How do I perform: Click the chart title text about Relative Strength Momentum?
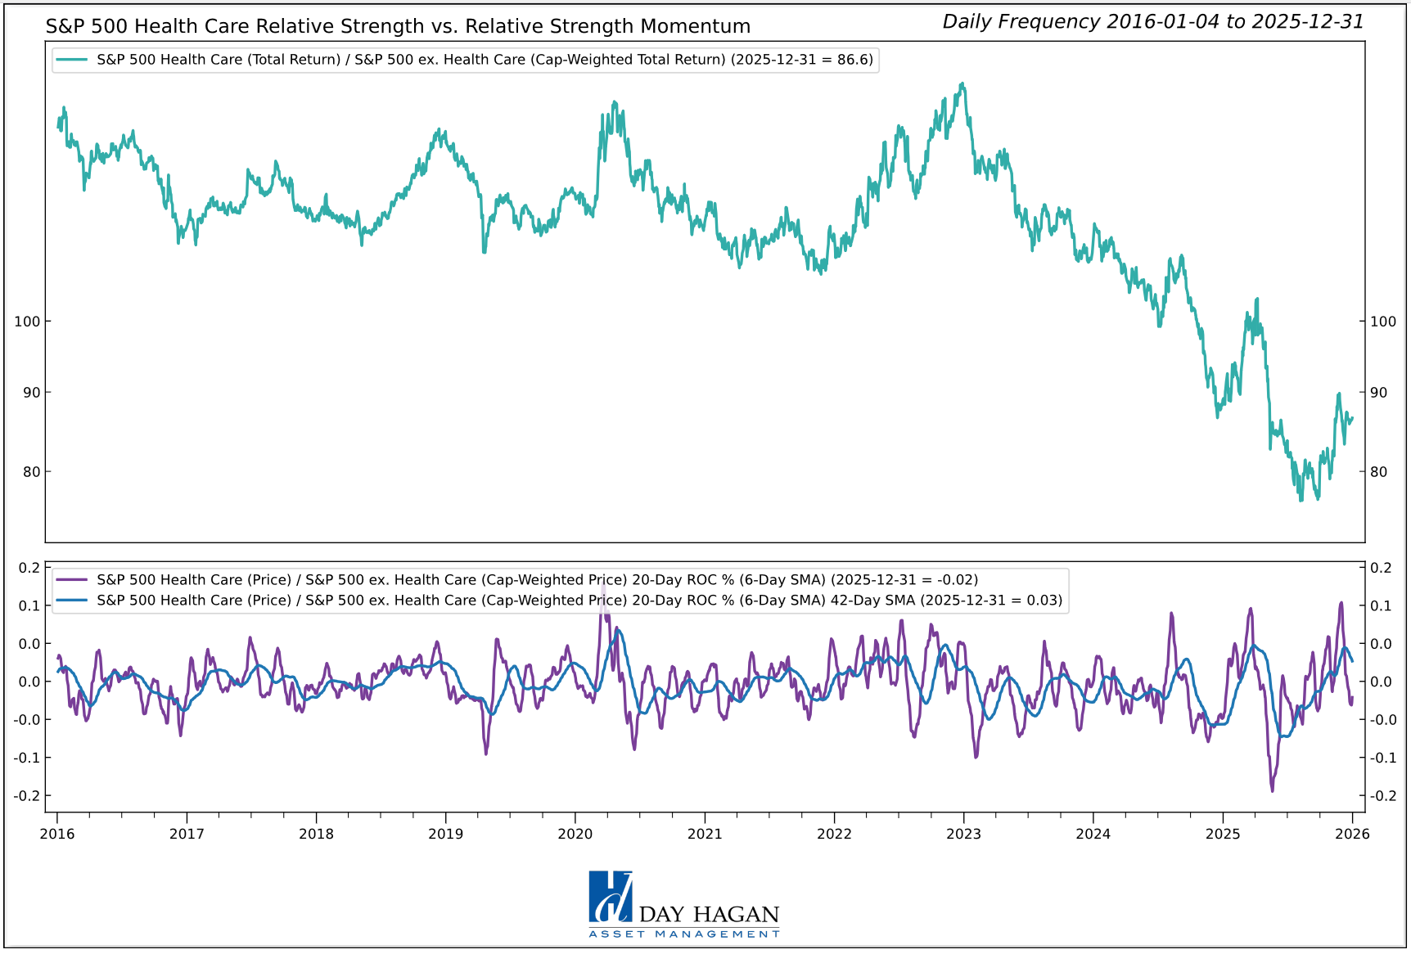(398, 26)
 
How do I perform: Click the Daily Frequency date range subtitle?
(1152, 22)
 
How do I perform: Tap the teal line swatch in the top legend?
(72, 60)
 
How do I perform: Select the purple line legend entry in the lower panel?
(537, 579)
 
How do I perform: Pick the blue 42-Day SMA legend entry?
(579, 600)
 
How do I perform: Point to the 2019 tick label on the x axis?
(445, 834)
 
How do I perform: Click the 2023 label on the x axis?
(963, 834)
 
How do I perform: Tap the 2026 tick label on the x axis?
(1352, 834)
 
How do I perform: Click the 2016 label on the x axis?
(57, 834)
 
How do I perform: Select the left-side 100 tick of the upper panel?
(27, 322)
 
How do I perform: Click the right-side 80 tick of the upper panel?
(1379, 471)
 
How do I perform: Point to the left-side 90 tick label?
(31, 393)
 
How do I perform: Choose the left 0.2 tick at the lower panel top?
(29, 568)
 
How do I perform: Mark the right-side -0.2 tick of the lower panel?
(1382, 796)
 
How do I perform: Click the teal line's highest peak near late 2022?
(962, 83)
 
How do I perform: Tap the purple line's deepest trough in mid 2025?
(1272, 790)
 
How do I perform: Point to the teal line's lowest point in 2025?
(1301, 500)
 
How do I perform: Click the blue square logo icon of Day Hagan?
(610, 897)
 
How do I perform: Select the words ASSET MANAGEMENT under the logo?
(684, 934)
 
